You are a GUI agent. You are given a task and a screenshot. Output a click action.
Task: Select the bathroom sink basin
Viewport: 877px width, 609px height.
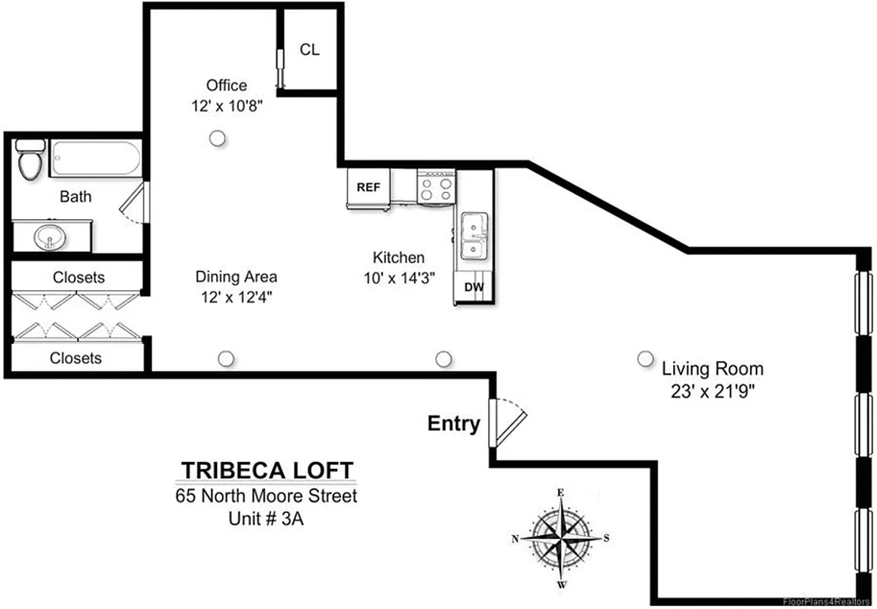50,238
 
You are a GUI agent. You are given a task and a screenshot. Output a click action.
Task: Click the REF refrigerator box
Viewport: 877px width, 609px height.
368,187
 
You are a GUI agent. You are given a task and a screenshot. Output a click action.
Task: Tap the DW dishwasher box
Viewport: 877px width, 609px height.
474,288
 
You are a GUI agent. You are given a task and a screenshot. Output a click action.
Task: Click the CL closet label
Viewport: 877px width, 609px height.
310,50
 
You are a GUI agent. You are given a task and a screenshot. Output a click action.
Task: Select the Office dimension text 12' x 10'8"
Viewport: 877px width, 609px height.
227,106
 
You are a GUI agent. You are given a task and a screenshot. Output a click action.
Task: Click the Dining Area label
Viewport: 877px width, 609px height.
236,276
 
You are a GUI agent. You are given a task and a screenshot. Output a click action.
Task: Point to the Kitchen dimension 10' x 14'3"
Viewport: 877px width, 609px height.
399,278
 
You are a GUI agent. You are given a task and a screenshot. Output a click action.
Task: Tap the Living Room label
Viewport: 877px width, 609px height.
712,370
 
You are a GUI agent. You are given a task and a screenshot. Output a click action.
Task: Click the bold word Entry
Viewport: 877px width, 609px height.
454,424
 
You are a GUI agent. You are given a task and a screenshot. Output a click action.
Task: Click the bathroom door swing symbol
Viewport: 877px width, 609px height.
135,202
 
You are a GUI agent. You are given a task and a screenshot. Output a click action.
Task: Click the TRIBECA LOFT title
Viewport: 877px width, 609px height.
266,469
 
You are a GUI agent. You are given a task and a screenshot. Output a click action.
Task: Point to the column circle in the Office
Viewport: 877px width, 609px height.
218,138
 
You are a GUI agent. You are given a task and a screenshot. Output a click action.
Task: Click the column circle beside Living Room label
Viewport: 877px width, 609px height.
646,359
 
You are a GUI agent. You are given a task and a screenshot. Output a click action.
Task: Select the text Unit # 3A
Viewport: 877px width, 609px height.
266,519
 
